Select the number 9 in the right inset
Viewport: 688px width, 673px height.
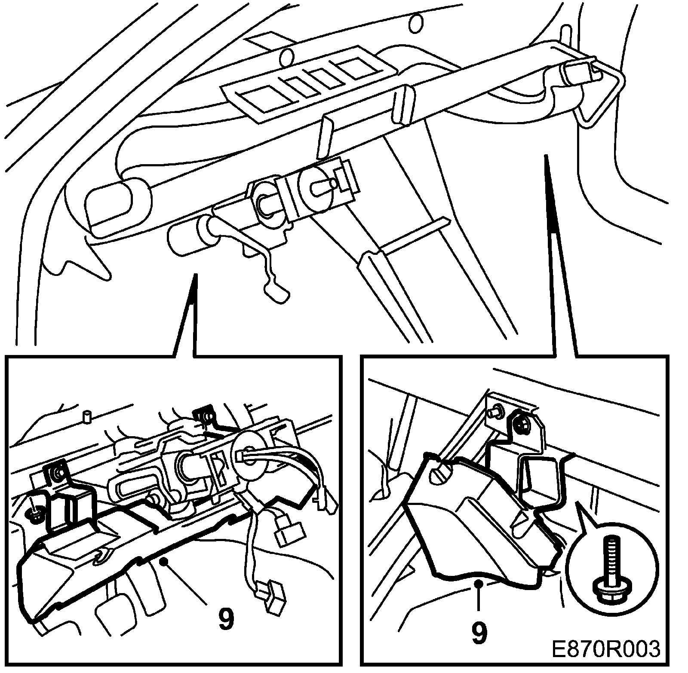pyautogui.click(x=479, y=632)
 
